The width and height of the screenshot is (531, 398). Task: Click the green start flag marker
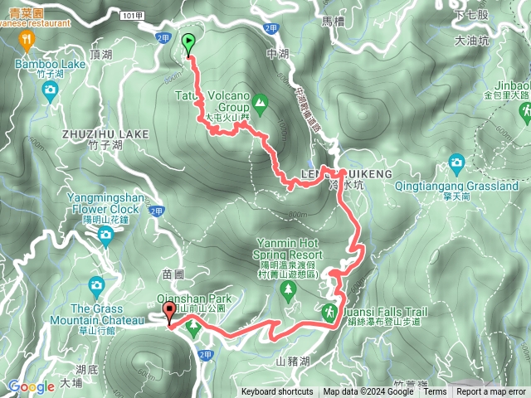[x=188, y=42]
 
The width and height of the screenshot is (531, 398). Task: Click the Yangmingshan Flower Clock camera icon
[x=105, y=236]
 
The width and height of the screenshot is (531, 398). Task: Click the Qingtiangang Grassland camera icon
[x=456, y=163]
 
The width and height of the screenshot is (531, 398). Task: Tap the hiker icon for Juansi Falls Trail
[x=330, y=312]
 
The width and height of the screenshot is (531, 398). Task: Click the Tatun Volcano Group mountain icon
[x=261, y=103]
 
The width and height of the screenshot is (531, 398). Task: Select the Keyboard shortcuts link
[x=276, y=392]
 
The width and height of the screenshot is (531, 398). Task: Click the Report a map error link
[x=491, y=392]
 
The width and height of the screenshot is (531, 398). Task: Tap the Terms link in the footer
[x=435, y=392]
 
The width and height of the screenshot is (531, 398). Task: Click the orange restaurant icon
[x=28, y=38]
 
